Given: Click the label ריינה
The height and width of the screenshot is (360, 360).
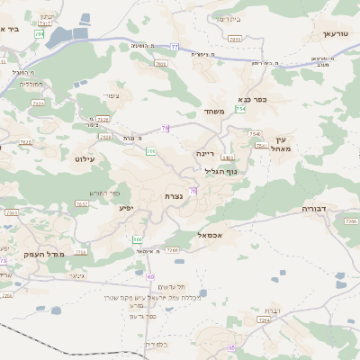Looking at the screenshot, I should [206, 153].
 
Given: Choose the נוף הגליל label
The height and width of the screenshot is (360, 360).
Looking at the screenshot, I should [220, 170].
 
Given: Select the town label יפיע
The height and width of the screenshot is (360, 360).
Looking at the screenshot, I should [127, 208].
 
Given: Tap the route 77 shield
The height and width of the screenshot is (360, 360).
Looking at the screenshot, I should [174, 46].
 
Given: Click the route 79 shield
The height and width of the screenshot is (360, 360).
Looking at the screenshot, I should [165, 130].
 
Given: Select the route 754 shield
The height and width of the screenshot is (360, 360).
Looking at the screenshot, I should [240, 109].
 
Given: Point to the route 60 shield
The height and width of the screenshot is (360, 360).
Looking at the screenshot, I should [150, 277].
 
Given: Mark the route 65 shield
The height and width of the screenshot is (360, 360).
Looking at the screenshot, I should [231, 347].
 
